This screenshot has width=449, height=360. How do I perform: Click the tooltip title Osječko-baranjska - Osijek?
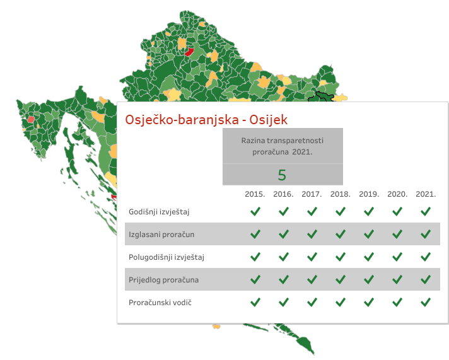pyautogui.click(x=206, y=120)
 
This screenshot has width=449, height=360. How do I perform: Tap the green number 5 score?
pyautogui.click(x=282, y=175)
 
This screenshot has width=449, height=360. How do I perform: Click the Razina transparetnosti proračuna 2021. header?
pyautogui.click(x=283, y=146)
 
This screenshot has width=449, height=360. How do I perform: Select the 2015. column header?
pyautogui.click(x=255, y=194)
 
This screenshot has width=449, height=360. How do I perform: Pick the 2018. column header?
pyautogui.click(x=340, y=194)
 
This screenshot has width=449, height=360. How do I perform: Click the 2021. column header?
pyautogui.click(x=426, y=194)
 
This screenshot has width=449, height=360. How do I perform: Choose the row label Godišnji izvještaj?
pyautogui.click(x=159, y=212)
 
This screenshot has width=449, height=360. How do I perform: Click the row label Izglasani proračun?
pyautogui.click(x=161, y=235)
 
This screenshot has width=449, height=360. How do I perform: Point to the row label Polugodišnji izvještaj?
pyautogui.click(x=166, y=257)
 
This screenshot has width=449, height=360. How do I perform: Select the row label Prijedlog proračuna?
pyautogui.click(x=163, y=280)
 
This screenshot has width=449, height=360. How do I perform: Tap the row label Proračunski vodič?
pyautogui.click(x=160, y=303)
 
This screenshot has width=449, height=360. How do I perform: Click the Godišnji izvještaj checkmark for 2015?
pyautogui.click(x=255, y=211)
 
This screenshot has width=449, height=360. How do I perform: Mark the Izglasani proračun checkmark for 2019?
pyautogui.click(x=369, y=234)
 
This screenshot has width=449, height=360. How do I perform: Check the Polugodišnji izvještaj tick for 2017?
pyautogui.click(x=312, y=257)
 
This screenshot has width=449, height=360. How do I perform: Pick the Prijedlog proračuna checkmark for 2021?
pyautogui.click(x=426, y=279)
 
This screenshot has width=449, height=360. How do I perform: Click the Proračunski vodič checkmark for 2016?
pyautogui.click(x=284, y=302)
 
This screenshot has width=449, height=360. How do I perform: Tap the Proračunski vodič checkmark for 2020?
pyautogui.click(x=397, y=302)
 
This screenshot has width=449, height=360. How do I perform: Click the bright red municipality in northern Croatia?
pyautogui.click(x=189, y=52)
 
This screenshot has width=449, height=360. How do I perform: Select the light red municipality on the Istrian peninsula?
pyautogui.click(x=31, y=119)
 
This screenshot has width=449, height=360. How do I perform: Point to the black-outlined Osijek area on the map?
pyautogui.click(x=321, y=98)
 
